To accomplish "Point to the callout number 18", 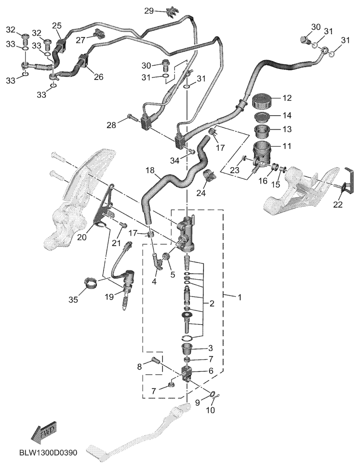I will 150,170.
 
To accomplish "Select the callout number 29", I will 149,11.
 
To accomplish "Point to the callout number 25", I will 57,26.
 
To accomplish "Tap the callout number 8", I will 139,366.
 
